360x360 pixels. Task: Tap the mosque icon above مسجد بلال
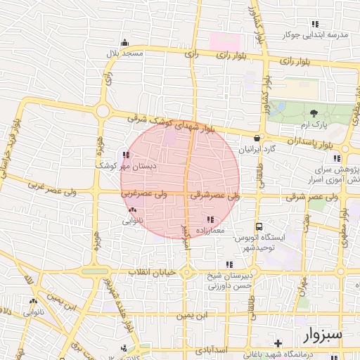click(125, 42)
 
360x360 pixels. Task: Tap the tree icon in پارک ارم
click(314, 113)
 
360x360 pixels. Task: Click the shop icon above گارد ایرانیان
click(257, 139)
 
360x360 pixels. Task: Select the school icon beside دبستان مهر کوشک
click(126, 155)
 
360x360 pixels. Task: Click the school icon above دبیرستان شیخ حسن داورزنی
click(229, 264)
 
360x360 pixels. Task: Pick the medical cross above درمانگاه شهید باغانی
click(279, 343)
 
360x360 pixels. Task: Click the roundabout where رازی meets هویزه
click(103, 111)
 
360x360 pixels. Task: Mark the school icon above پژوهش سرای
click(338, 158)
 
